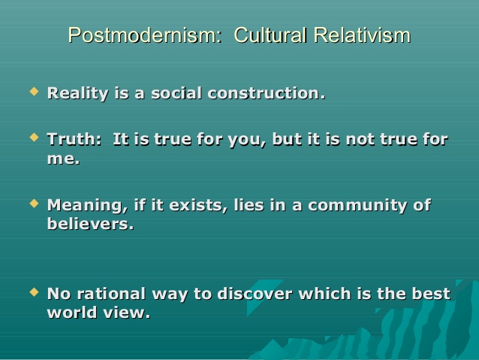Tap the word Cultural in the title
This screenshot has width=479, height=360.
tap(270, 35)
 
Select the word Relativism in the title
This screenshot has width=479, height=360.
tap(362, 35)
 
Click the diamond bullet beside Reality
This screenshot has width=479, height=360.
tap(35, 91)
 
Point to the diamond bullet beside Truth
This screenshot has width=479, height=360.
tap(35, 137)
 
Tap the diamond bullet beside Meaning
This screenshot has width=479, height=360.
tap(35, 203)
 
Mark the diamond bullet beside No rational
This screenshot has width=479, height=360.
tap(35, 292)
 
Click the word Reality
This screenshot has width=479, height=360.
tap(78, 94)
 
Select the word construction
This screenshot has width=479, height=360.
tap(267, 93)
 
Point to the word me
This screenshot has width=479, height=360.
tap(64, 159)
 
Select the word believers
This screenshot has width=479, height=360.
tap(91, 223)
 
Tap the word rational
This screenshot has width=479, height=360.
tap(111, 294)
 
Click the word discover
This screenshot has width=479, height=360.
tap(255, 294)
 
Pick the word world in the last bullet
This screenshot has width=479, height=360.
tap(72, 313)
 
